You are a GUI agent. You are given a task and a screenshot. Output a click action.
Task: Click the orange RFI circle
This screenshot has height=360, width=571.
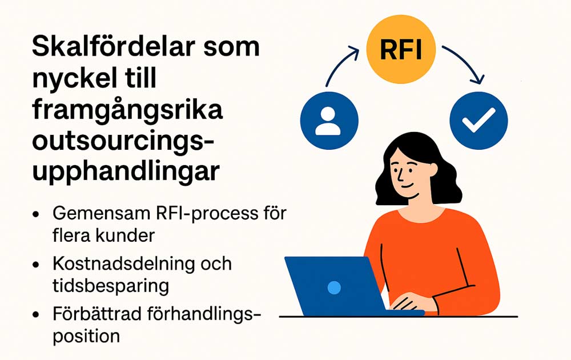pos(401,49)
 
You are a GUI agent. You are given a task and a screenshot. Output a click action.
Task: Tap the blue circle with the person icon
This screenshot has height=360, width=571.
pos(329,121)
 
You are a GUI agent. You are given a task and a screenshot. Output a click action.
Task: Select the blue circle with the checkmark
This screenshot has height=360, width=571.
pos(478,121)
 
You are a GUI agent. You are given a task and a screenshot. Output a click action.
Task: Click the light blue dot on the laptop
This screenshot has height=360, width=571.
pos(334,287)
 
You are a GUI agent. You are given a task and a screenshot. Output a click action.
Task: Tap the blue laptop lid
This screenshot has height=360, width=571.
pos(335,285)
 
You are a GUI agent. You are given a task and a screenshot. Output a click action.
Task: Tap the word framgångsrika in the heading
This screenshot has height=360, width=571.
pos(127,110)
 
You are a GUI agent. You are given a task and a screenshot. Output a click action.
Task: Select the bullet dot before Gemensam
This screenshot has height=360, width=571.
pos(35,214)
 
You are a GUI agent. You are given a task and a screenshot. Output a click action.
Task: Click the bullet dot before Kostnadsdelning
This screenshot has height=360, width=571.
pos(35,265)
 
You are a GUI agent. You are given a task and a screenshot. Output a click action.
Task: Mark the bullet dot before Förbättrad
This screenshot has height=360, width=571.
pos(35,314)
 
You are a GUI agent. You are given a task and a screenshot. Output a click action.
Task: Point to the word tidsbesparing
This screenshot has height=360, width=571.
pos(111,286)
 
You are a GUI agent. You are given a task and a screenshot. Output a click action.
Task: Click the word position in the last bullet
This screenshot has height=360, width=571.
pos(86,337)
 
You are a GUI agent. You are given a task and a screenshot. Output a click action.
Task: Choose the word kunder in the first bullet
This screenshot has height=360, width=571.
pos(125,236)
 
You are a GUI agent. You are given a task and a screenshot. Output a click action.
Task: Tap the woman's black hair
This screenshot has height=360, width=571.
pos(419,161)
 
